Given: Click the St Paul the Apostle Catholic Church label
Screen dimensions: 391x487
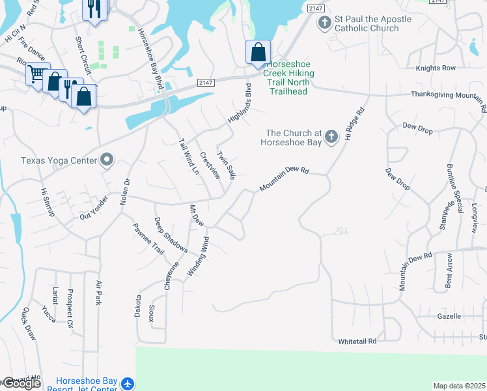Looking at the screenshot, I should [x=373, y=24].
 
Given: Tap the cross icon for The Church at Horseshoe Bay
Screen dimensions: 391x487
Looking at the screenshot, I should [x=331, y=136].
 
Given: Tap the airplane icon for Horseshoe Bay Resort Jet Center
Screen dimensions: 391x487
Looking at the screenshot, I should [x=128, y=384].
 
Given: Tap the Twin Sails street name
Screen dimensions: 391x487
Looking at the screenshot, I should [x=226, y=166].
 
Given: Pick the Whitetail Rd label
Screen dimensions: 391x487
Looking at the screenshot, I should [x=357, y=341].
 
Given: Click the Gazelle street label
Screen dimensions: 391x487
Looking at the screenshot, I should [x=448, y=317].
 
